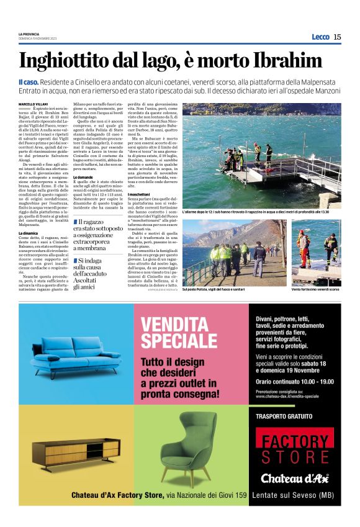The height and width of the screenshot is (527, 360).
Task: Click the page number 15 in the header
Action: pos(337,37)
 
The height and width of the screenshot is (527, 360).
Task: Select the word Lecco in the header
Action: pos(320,37)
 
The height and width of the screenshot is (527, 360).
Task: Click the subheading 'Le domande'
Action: pos(84,178)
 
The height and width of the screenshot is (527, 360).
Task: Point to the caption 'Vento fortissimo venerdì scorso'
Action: pos(315,289)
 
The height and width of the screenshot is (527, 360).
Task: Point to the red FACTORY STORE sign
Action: pos(295,449)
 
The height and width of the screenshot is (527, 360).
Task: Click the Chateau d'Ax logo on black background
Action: pos(295,478)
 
